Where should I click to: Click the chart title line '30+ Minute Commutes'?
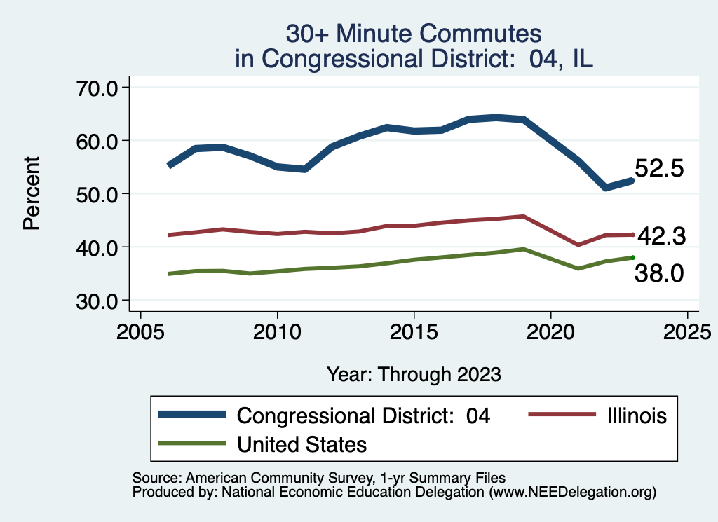coord(414,34)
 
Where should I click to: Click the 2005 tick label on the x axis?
coord(141,330)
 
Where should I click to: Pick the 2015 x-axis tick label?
coord(414,330)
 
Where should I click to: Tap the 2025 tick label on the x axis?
coord(687,330)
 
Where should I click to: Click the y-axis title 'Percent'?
coord(31,193)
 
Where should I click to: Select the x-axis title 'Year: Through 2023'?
coord(414,373)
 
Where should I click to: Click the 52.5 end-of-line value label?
coord(659,169)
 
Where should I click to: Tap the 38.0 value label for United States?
coord(659,274)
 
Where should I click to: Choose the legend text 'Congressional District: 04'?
coord(363,415)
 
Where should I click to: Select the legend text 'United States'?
coord(302,444)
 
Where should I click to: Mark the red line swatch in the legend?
coord(558,415)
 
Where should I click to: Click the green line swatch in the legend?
coord(192,444)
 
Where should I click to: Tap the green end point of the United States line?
coord(633,257)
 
